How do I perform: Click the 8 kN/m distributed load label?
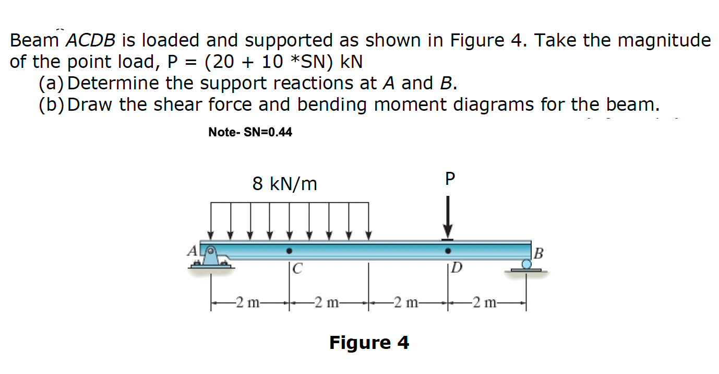pyautogui.click(x=284, y=183)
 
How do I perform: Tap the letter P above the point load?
pyautogui.click(x=450, y=180)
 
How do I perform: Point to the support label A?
pyautogui.click(x=192, y=251)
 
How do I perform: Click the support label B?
pyautogui.click(x=539, y=254)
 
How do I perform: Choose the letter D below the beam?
pyautogui.click(x=456, y=270)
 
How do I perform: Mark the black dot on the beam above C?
pyautogui.click(x=289, y=251)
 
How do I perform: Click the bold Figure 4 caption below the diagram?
pyautogui.click(x=369, y=343)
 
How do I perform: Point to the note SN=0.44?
pyautogui.click(x=250, y=132)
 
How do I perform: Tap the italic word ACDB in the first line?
pyautogui.click(x=93, y=40)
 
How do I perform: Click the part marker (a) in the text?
pyautogui.click(x=52, y=83)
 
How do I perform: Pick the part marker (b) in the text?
pyautogui.click(x=52, y=105)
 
